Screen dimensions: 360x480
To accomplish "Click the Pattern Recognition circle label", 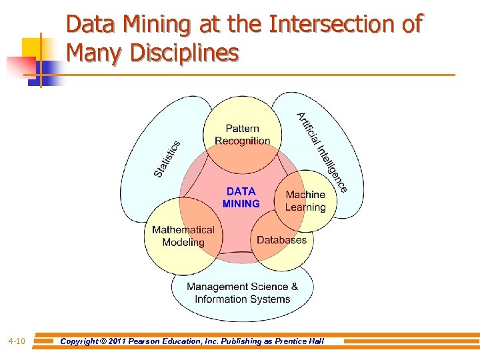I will click(242, 135).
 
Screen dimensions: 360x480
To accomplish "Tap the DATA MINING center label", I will click(241, 197).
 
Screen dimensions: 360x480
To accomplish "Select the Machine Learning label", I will click(305, 201).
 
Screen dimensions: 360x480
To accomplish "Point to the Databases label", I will click(281, 240).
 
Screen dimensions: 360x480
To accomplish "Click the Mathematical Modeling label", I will click(183, 236).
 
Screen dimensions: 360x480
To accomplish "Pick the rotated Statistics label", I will click(167, 159).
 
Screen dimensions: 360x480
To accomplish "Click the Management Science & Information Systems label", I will click(242, 293).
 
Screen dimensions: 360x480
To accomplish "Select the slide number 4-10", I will click(17, 341).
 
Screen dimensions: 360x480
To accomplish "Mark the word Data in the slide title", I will click(91, 25).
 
